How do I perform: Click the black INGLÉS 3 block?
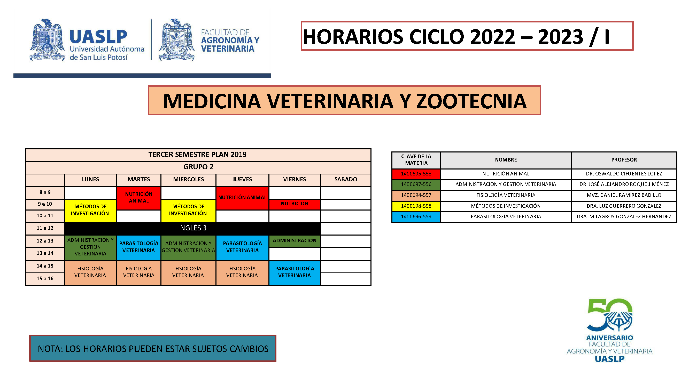coord(192,228)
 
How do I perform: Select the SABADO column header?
coord(346,180)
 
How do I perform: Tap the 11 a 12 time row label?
coord(45,228)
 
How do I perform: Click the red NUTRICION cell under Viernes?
coord(295,204)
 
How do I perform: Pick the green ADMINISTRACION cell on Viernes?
coord(295,241)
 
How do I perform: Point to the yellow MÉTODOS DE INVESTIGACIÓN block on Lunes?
coord(90,210)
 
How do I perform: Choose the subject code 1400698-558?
coord(416,206)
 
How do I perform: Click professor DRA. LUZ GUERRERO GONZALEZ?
coord(624,206)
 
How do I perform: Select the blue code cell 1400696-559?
coord(416,217)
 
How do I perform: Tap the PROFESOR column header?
coord(624,160)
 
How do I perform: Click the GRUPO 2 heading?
coord(198,167)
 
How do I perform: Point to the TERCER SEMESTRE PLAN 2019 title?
coord(197,155)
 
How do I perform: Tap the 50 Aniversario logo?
coord(610,330)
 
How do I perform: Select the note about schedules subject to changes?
coord(153,349)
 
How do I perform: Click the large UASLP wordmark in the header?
coord(98,37)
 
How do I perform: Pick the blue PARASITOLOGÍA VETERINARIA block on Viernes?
coord(295,272)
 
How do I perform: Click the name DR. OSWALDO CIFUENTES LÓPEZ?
coord(624,174)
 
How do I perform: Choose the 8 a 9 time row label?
coord(45,192)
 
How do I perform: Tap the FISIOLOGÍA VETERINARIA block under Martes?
coord(138,272)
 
